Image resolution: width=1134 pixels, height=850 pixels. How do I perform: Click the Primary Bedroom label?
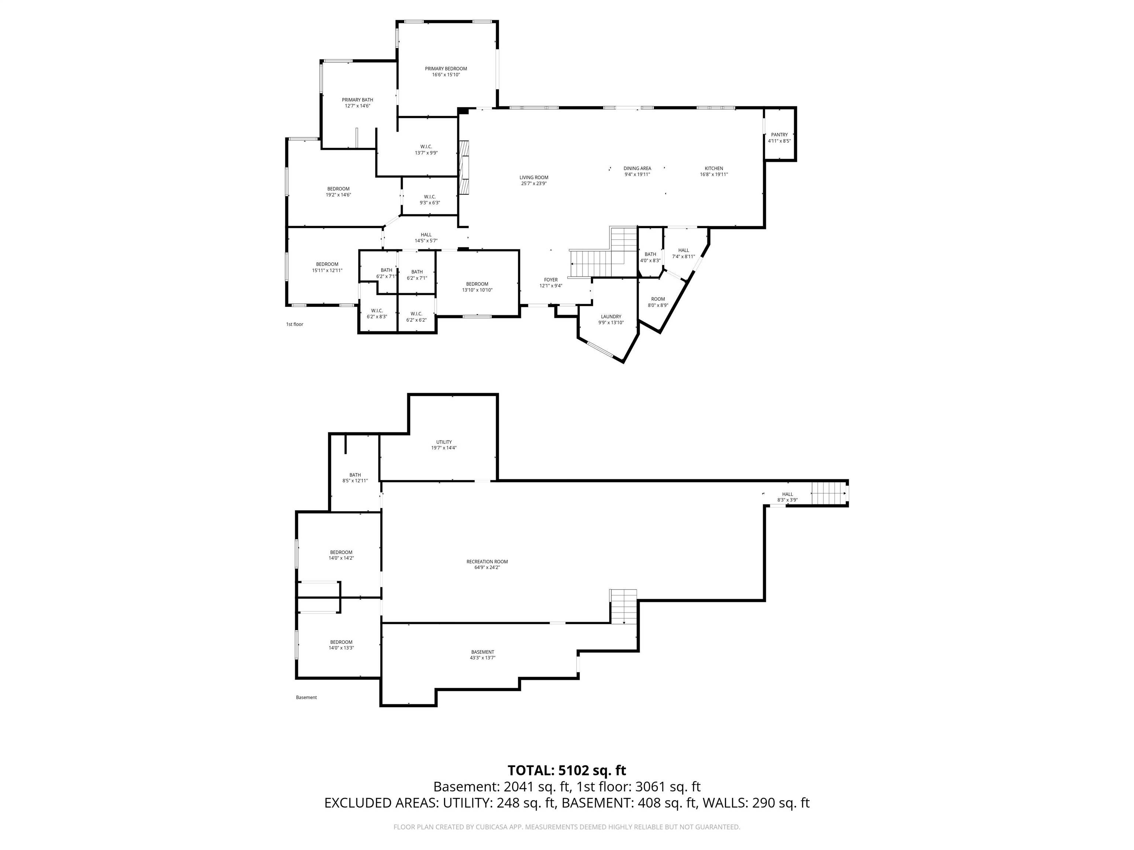pos(446,69)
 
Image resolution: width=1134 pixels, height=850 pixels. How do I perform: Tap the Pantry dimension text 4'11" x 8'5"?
pos(779,141)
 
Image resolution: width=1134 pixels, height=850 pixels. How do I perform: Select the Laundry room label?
pos(611,317)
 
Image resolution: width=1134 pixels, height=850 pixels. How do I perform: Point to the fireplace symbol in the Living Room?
pos(464,167)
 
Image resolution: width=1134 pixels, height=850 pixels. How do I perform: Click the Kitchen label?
pos(714,169)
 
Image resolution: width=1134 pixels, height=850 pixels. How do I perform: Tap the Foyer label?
pos(551,280)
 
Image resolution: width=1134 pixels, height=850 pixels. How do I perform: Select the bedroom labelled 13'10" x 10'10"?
pos(477,287)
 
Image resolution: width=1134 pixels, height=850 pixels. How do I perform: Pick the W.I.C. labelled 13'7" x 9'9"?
pos(426,150)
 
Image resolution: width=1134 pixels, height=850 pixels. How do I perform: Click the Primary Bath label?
pos(357,100)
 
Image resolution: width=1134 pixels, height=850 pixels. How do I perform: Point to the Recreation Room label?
pos(487,562)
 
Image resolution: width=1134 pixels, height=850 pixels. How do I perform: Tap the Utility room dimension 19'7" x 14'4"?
pos(444,448)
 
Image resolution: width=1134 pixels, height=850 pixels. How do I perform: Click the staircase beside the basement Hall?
pos(828,493)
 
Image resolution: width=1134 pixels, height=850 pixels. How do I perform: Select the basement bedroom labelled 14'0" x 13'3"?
pos(341,645)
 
